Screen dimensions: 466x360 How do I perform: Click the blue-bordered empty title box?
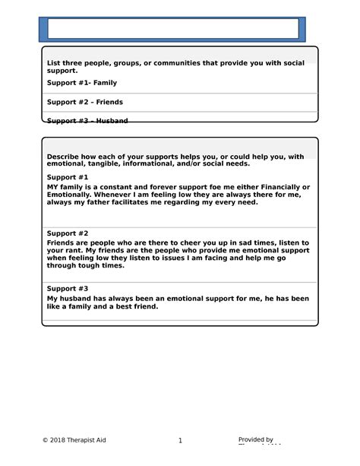pyautogui.click(x=173, y=29)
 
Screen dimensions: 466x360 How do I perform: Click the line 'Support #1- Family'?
pyautogui.click(x=82, y=82)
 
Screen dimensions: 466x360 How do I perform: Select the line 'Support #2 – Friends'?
pyautogui.click(x=85, y=101)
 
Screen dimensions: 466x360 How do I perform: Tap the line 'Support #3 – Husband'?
pyautogui.click(x=87, y=120)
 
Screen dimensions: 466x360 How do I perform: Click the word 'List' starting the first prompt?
pyautogui.click(x=53, y=62)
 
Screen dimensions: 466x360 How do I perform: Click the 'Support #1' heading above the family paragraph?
pyautogui.click(x=68, y=176)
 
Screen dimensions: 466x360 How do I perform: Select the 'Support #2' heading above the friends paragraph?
pyautogui.click(x=68, y=233)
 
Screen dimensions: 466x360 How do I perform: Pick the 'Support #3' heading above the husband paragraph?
pyautogui.click(x=68, y=288)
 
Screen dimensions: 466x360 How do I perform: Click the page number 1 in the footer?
pyautogui.click(x=180, y=440)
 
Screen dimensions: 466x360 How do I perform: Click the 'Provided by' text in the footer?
pyautogui.click(x=256, y=439)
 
